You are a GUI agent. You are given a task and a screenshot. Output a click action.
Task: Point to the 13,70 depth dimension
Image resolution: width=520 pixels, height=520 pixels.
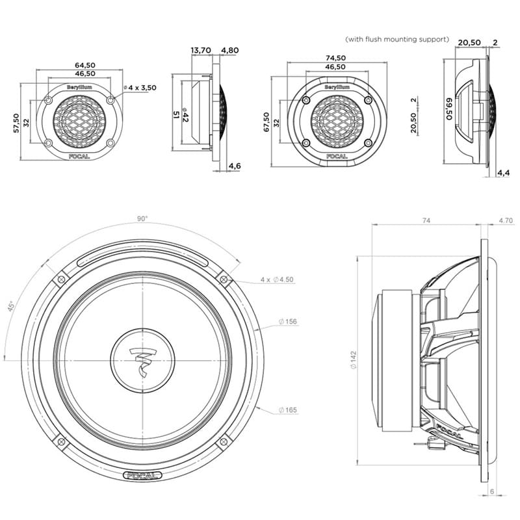point(200,49)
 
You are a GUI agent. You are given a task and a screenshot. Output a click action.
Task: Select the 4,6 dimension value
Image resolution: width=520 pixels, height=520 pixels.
point(236,167)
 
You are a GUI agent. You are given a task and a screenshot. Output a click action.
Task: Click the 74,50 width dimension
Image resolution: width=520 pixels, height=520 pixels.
point(335,57)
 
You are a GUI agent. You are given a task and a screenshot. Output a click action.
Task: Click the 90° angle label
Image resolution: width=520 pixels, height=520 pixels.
point(142,219)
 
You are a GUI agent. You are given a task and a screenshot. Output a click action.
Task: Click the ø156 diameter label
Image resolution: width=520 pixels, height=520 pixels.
point(288,322)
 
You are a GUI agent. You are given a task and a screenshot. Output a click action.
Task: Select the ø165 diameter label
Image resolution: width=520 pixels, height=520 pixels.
point(288,410)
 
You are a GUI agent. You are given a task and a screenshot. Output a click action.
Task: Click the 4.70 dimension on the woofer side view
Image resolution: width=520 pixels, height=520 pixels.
point(505,221)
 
